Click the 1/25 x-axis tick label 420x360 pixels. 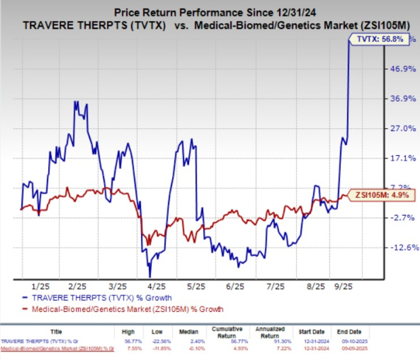coord(39,286)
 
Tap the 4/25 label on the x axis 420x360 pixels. coord(159,286)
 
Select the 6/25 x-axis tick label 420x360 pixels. coord(238,286)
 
